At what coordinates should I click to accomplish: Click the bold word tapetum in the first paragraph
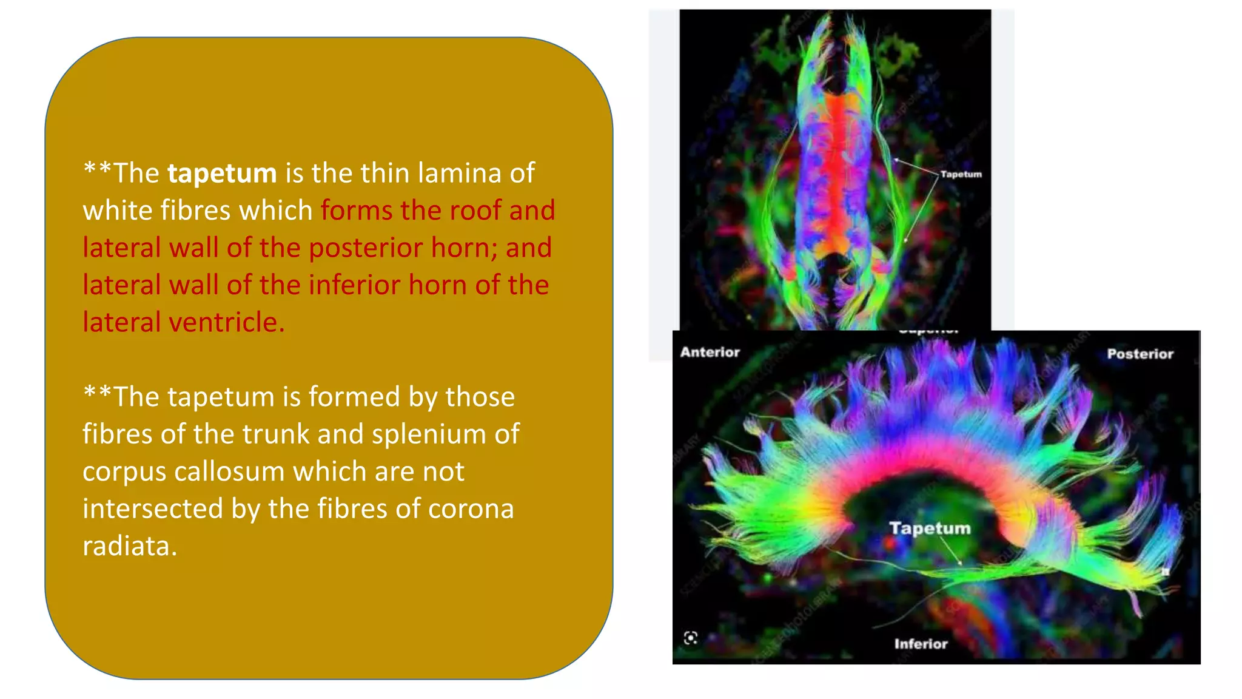(x=222, y=174)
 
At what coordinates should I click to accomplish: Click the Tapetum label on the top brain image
(x=961, y=174)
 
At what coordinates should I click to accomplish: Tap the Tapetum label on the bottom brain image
(x=930, y=528)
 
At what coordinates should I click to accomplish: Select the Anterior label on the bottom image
(x=710, y=352)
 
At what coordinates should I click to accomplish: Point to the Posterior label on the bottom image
(x=1140, y=354)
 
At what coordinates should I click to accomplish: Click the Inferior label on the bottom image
(x=921, y=644)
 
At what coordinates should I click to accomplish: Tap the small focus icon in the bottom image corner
(x=691, y=638)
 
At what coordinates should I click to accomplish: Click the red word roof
(x=474, y=211)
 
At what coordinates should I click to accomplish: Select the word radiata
(x=130, y=546)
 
